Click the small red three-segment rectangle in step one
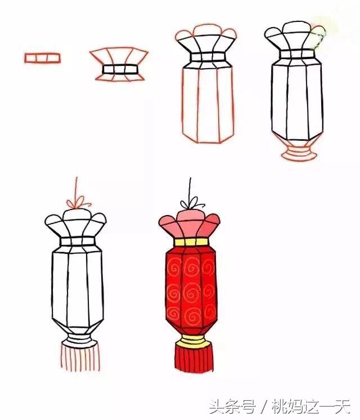(x=43, y=58)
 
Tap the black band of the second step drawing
(x=120, y=69)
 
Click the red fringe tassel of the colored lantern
(x=194, y=358)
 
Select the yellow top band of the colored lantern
(x=191, y=242)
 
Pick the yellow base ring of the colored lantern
(x=193, y=341)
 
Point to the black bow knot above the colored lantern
(x=192, y=204)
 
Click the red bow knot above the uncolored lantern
(x=78, y=203)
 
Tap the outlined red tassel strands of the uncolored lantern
(x=80, y=357)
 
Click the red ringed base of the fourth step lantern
(x=299, y=152)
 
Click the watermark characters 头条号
(x=232, y=406)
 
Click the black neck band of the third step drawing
(x=208, y=57)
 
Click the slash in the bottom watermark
(x=264, y=407)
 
